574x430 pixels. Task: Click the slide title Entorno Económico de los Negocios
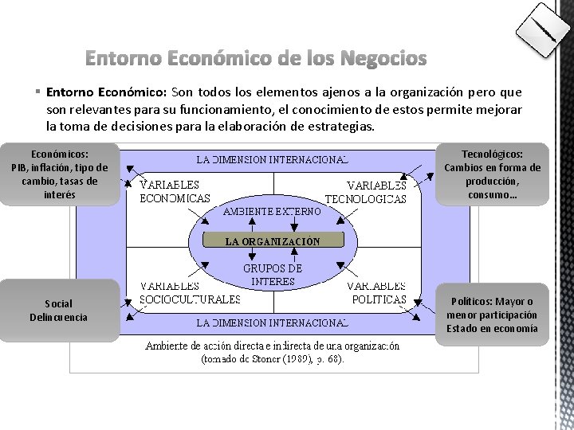255,59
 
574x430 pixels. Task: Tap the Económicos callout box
60,174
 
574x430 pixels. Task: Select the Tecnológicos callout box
492,174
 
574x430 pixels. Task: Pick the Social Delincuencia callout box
60,311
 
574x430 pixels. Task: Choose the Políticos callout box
492,315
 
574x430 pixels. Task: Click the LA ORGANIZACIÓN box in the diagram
273,240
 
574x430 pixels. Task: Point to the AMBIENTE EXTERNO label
273,212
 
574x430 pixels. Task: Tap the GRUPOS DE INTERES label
273,275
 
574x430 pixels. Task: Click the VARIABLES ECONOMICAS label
175,192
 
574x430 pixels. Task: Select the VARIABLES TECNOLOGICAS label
366,192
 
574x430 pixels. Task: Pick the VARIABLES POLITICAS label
377,292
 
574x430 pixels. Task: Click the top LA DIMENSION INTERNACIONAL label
273,159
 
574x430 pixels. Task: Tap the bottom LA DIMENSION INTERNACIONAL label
273,322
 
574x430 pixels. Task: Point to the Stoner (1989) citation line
273,359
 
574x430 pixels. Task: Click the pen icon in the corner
544,30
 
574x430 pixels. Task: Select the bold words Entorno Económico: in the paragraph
105,92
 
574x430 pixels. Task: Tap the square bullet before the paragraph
37,92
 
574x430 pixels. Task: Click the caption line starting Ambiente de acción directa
273,346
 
